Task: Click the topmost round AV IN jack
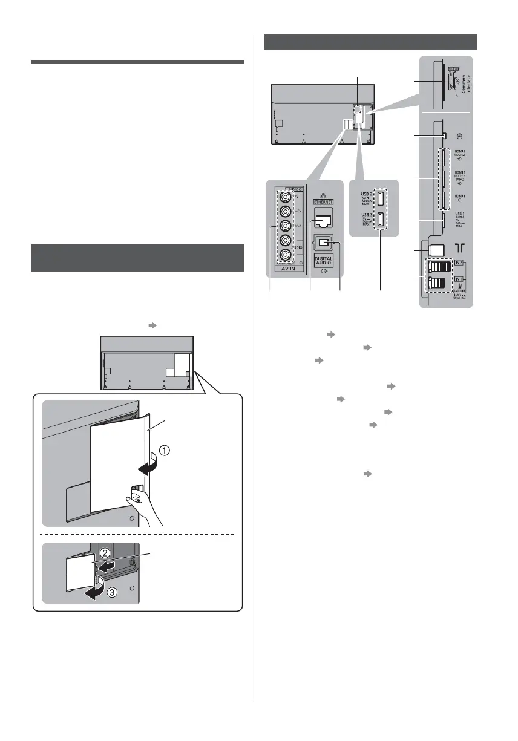(x=284, y=196)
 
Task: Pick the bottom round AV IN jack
(x=284, y=256)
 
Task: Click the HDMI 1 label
(x=459, y=155)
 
